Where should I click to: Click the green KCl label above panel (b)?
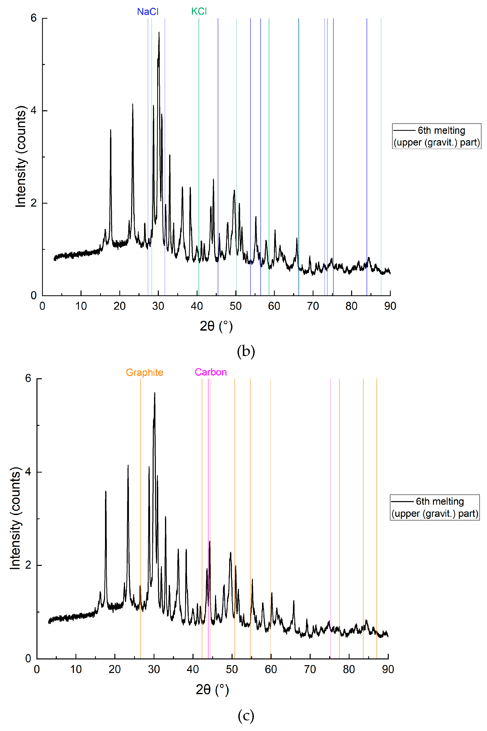tap(199, 12)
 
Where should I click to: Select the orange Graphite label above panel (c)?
tap(144, 372)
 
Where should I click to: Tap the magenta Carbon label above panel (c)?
tap(211, 372)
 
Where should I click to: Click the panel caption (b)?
tap(246, 351)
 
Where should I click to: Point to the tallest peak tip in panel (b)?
tap(159, 32)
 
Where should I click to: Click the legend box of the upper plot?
tap(436, 136)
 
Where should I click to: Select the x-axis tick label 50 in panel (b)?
tap(235, 306)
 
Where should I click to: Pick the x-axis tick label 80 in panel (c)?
tap(349, 669)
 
